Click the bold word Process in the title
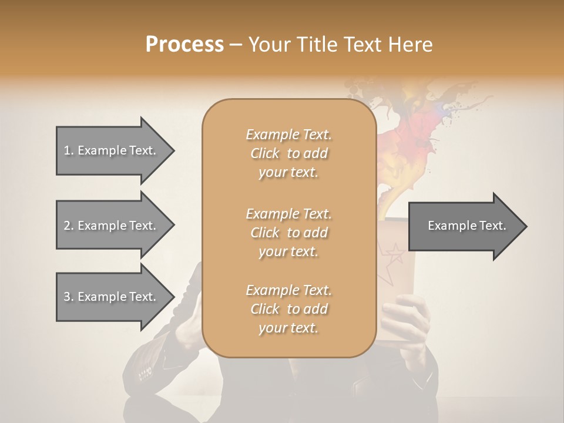pos(184,45)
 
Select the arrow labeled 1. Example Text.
pos(112,150)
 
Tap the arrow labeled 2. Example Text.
pos(112,226)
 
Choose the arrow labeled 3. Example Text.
pos(112,297)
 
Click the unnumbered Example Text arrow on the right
pos(466,226)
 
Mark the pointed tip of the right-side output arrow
pos(526,226)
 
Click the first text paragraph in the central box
pos(288,153)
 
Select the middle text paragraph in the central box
pos(288,233)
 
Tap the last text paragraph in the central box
pos(288,309)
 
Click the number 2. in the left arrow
pos(69,226)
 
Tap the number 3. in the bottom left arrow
pos(69,297)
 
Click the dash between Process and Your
pos(236,45)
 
